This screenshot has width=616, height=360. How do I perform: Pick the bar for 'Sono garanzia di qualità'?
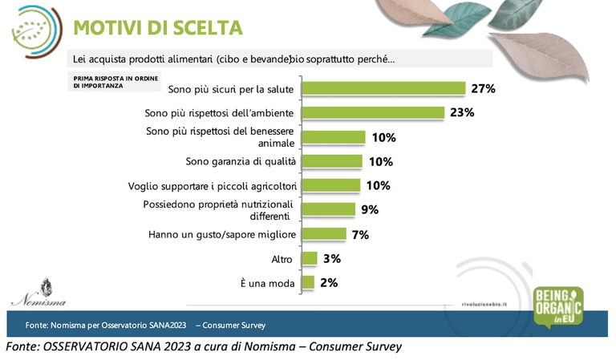point(333,161)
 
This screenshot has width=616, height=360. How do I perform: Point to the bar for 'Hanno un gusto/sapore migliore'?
point(323,234)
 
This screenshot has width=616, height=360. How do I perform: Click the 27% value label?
point(484,88)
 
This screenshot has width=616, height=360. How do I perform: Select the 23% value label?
point(462,112)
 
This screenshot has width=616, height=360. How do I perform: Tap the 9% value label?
point(370,210)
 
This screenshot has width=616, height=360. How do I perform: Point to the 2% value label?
point(329,282)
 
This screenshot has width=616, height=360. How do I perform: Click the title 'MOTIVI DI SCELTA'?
point(157,28)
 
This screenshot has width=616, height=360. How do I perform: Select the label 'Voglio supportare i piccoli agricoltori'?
point(213,186)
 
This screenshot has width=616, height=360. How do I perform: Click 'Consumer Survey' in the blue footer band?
point(233,326)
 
